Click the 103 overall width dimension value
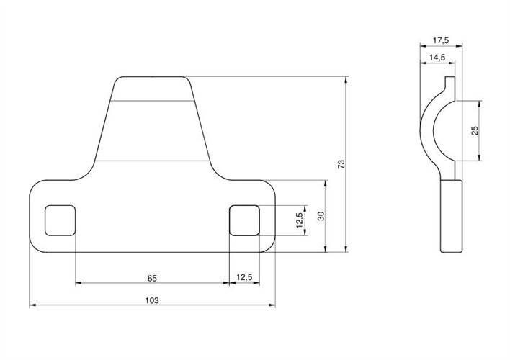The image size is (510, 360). point(152,299)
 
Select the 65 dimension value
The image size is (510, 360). point(152,276)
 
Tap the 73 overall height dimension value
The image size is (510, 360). point(341,164)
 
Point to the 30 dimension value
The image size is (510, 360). point(320,216)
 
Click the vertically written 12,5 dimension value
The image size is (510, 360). point(299,220)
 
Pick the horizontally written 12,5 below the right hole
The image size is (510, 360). point(243,276)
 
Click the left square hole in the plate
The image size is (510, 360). point(60,220)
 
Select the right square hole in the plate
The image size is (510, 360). point(243,220)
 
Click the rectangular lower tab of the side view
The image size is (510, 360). point(451,216)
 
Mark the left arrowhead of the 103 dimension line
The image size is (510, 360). point(32,306)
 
